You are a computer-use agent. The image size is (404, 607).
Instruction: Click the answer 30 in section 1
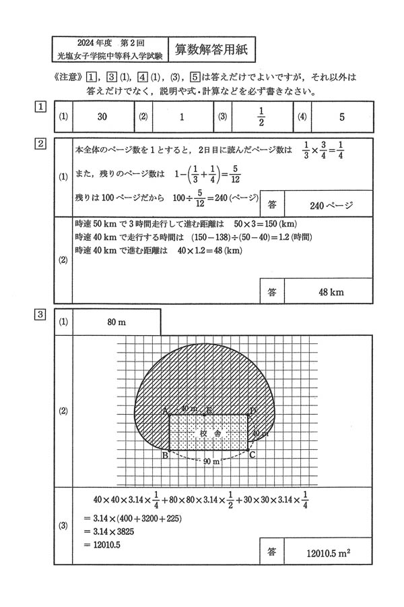pyautogui.click(x=102, y=117)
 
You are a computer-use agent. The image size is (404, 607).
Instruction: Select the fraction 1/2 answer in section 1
pyautogui.click(x=262, y=116)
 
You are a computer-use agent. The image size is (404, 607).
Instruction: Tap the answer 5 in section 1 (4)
pyautogui.click(x=341, y=117)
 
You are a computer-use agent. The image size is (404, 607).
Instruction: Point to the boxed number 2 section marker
pyautogui.click(x=41, y=144)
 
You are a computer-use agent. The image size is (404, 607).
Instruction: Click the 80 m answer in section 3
pyautogui.click(x=116, y=322)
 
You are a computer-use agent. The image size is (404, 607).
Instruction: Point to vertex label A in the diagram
pyautogui.click(x=164, y=409)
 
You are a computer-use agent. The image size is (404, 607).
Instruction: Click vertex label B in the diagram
pyautogui.click(x=164, y=455)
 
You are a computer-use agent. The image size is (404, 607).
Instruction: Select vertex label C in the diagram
pyautogui.click(x=252, y=455)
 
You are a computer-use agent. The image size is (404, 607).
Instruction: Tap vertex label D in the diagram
pyautogui.click(x=252, y=409)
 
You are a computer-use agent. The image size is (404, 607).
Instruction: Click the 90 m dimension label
pyautogui.click(x=211, y=462)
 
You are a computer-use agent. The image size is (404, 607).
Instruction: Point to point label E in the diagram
pyautogui.click(x=209, y=409)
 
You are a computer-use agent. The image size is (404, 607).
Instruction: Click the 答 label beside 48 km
pyautogui.click(x=271, y=292)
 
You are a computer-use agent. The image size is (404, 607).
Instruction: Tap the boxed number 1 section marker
pyautogui.click(x=41, y=107)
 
